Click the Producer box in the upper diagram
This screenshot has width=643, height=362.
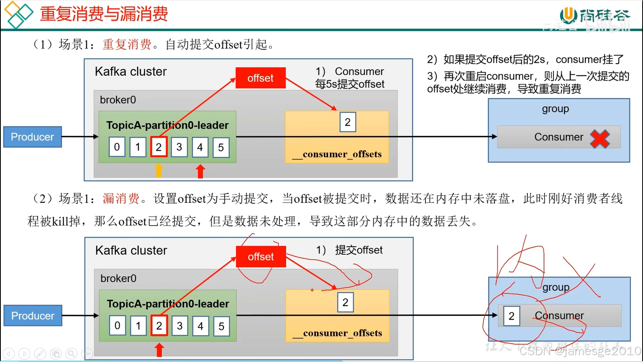point(32,137)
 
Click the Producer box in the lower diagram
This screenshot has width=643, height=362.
point(33,315)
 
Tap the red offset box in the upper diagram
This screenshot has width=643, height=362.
point(260,78)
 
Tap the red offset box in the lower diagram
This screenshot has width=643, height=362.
point(261,257)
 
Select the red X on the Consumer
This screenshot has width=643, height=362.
point(600,139)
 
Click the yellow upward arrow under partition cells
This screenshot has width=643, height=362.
point(159,170)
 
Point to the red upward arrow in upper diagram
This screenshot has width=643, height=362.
point(200,171)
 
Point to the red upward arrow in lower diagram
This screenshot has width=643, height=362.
point(159,350)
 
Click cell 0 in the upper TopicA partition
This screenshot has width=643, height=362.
point(117,147)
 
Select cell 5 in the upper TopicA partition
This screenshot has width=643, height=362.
point(221,147)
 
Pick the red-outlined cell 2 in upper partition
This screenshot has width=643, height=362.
point(159,147)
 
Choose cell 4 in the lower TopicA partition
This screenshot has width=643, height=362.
point(201,326)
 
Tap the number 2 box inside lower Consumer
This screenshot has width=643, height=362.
point(512,316)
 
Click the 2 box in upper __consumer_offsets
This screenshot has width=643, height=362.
point(347,122)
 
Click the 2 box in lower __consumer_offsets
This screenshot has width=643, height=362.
point(345,302)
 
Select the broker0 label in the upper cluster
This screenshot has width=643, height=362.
point(118,100)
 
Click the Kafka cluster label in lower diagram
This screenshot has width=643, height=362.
point(131,250)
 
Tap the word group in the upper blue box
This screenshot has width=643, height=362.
point(555,109)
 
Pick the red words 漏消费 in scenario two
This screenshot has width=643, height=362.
point(121,198)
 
